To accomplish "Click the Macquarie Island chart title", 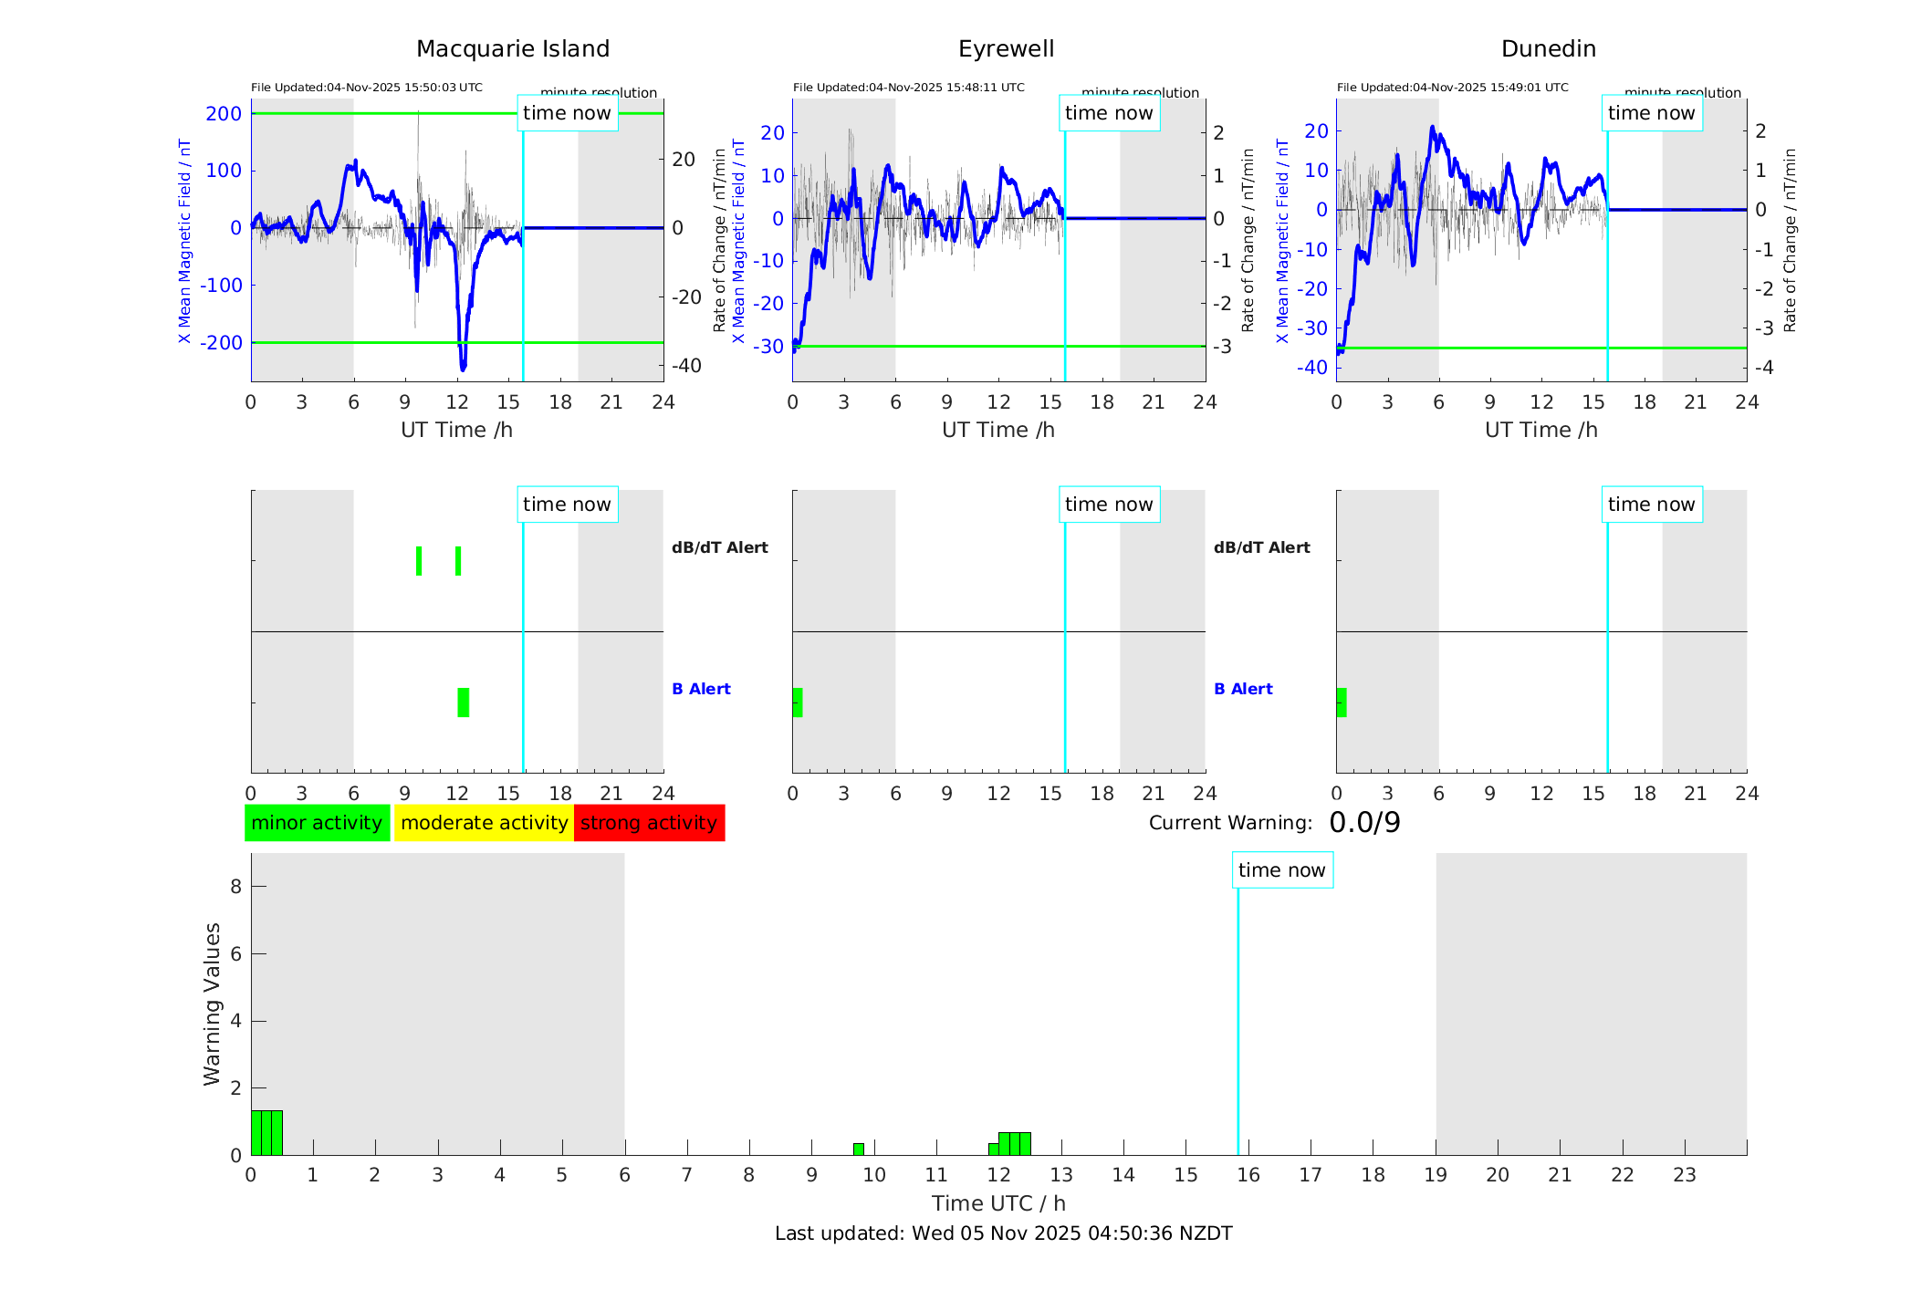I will pyautogui.click(x=513, y=49).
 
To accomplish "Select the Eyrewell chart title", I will pyautogui.click(x=1006, y=49).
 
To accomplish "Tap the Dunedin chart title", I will pyautogui.click(x=1548, y=49).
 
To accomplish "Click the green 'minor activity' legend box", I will pyautogui.click(x=317, y=823).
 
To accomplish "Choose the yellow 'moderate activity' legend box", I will pyautogui.click(x=484, y=823).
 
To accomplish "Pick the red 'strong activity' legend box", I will pyautogui.click(x=649, y=823).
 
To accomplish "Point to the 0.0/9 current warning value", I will pyautogui.click(x=1364, y=823).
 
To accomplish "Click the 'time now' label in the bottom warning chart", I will pyautogui.click(x=1281, y=870).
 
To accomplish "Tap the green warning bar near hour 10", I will pyautogui.click(x=859, y=1149).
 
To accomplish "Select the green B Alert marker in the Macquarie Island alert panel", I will pyautogui.click(x=464, y=702).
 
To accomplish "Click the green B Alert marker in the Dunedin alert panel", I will pyautogui.click(x=1342, y=702).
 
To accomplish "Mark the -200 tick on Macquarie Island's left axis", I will pyautogui.click(x=223, y=343).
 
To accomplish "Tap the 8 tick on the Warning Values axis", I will pyautogui.click(x=236, y=887).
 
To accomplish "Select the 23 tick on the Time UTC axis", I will pyautogui.click(x=1684, y=1175).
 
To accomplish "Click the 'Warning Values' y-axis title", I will pyautogui.click(x=213, y=1004).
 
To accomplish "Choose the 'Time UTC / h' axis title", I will pyautogui.click(x=998, y=1203).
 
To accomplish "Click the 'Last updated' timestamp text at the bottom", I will pyautogui.click(x=1003, y=1233).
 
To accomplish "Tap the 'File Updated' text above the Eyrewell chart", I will pyautogui.click(x=908, y=88).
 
